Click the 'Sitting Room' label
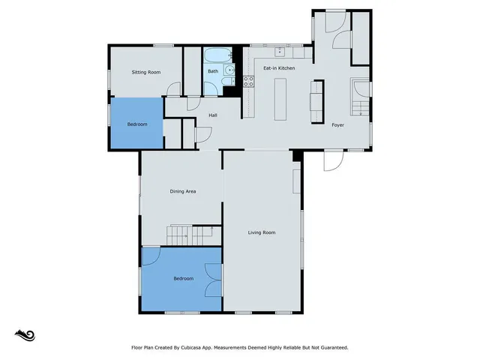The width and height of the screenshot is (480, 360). point(146,72)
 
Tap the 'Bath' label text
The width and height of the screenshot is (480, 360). point(213,71)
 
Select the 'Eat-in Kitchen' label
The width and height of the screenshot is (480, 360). point(278,68)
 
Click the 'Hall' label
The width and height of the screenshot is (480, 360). point(212,115)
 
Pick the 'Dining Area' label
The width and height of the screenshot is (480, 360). point(182,192)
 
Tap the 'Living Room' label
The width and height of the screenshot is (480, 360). point(262,232)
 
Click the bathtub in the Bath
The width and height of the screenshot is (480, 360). point(217,55)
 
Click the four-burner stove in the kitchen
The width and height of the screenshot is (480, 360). point(247,81)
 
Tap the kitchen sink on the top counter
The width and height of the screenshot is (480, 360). point(279,52)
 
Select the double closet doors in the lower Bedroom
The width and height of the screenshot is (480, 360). point(214,279)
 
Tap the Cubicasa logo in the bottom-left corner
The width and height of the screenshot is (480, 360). point(25,334)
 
